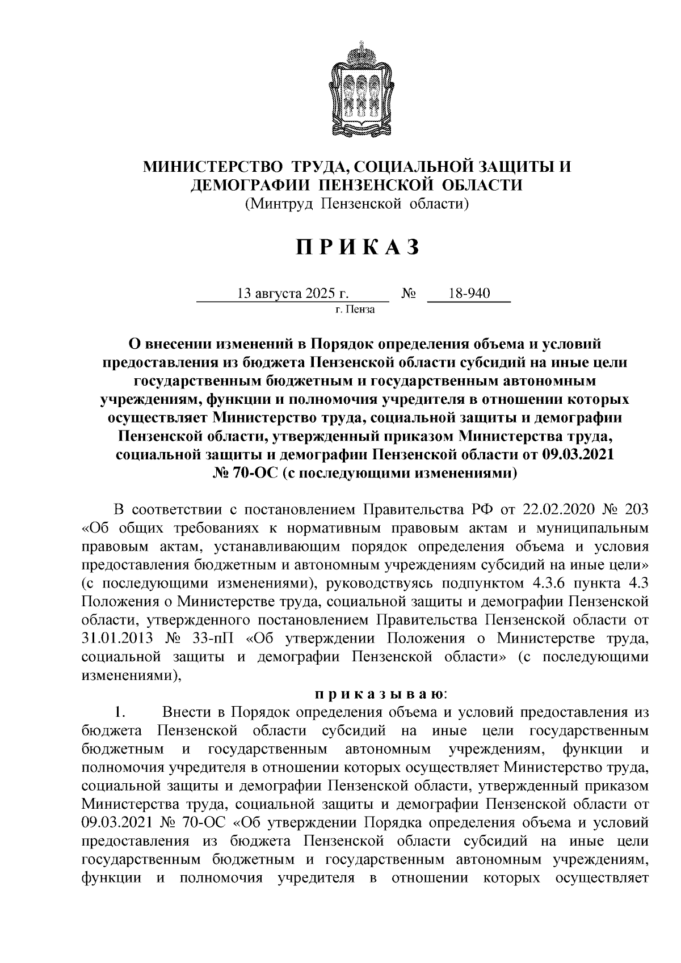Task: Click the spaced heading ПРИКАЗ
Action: [357, 247]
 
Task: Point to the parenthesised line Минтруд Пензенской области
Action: [356, 203]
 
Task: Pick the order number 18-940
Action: [469, 294]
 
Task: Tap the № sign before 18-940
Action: [409, 294]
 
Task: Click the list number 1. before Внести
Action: [118, 712]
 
